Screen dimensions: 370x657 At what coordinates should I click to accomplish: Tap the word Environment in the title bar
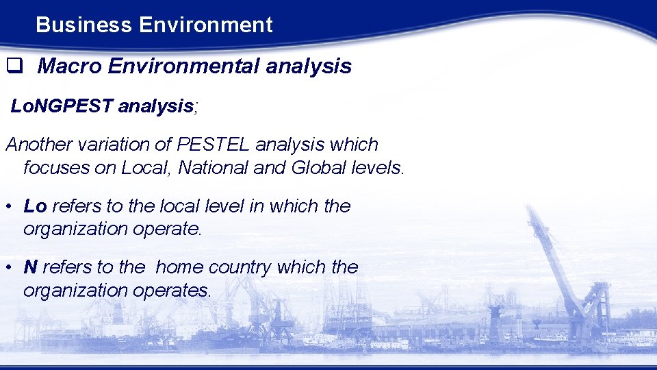coord(205,25)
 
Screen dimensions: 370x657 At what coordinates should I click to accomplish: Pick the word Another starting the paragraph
coord(38,145)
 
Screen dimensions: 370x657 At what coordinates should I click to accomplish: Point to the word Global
coord(320,168)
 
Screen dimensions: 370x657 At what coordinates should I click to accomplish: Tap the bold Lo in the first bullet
coord(35,206)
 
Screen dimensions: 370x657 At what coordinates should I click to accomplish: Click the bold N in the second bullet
coord(30,267)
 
